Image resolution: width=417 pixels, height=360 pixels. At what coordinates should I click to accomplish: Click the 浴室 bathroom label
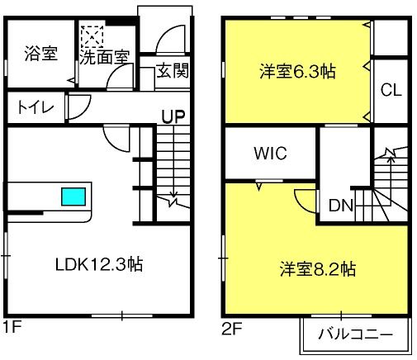41,54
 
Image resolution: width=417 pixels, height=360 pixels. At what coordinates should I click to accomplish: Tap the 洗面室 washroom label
105,57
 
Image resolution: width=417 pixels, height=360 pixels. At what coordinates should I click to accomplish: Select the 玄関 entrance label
173,70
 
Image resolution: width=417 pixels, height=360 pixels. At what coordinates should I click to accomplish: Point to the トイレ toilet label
36,107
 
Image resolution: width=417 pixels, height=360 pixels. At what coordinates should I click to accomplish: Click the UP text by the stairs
173,116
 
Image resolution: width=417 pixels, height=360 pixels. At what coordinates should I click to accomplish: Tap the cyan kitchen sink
73,197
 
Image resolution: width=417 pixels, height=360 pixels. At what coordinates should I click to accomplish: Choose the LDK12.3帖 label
99,264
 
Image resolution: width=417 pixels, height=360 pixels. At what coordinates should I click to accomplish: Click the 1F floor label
12,327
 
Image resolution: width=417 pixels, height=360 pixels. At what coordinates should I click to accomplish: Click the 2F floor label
232,329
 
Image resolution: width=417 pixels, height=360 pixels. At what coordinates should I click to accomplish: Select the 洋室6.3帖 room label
297,72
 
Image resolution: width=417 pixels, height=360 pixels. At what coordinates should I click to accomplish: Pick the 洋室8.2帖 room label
318,269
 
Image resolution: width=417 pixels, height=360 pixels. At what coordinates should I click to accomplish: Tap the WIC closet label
270,153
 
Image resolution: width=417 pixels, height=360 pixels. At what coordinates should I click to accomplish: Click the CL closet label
391,90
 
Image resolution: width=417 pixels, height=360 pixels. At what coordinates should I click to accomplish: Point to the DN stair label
341,205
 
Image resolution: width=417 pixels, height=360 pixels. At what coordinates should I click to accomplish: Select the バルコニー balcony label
355,334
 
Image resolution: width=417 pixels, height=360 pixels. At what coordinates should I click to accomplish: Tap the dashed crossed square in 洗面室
92,37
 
